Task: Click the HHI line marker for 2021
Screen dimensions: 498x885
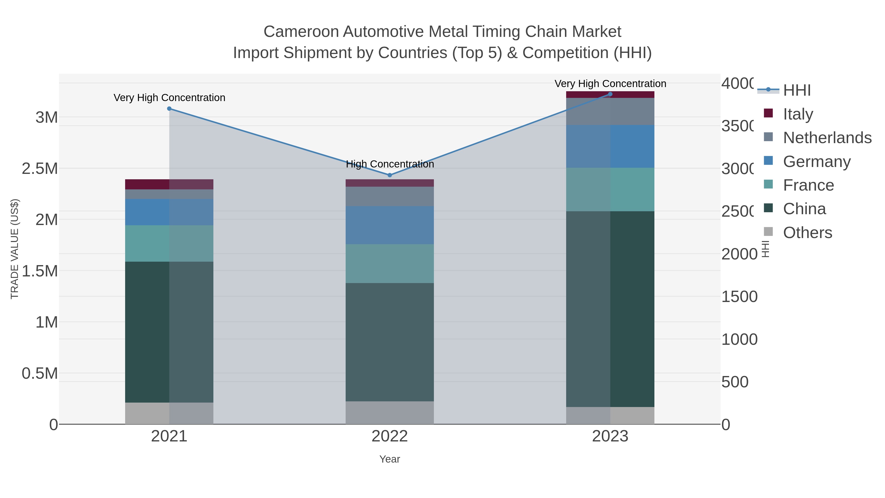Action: [x=169, y=109]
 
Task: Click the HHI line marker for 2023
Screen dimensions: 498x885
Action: [x=610, y=94]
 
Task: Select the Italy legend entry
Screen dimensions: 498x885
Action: [x=798, y=114]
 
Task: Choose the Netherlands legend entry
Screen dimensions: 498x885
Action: [x=827, y=137]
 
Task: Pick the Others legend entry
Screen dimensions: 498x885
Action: [x=807, y=233]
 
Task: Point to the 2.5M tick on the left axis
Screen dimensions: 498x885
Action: [x=40, y=169]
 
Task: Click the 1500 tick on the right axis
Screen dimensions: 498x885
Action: [x=739, y=297]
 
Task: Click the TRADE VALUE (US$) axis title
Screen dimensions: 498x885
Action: [x=15, y=249]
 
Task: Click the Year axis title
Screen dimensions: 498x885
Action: [x=390, y=459]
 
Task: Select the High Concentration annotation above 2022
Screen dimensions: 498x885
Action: [x=390, y=164]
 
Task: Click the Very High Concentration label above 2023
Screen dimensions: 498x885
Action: [x=610, y=84]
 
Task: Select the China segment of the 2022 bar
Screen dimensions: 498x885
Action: [x=390, y=342]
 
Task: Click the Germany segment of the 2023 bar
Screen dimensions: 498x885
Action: [x=610, y=146]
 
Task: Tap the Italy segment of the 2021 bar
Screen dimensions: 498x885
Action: [x=169, y=184]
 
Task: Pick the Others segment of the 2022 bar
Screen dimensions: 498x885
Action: [x=390, y=412]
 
